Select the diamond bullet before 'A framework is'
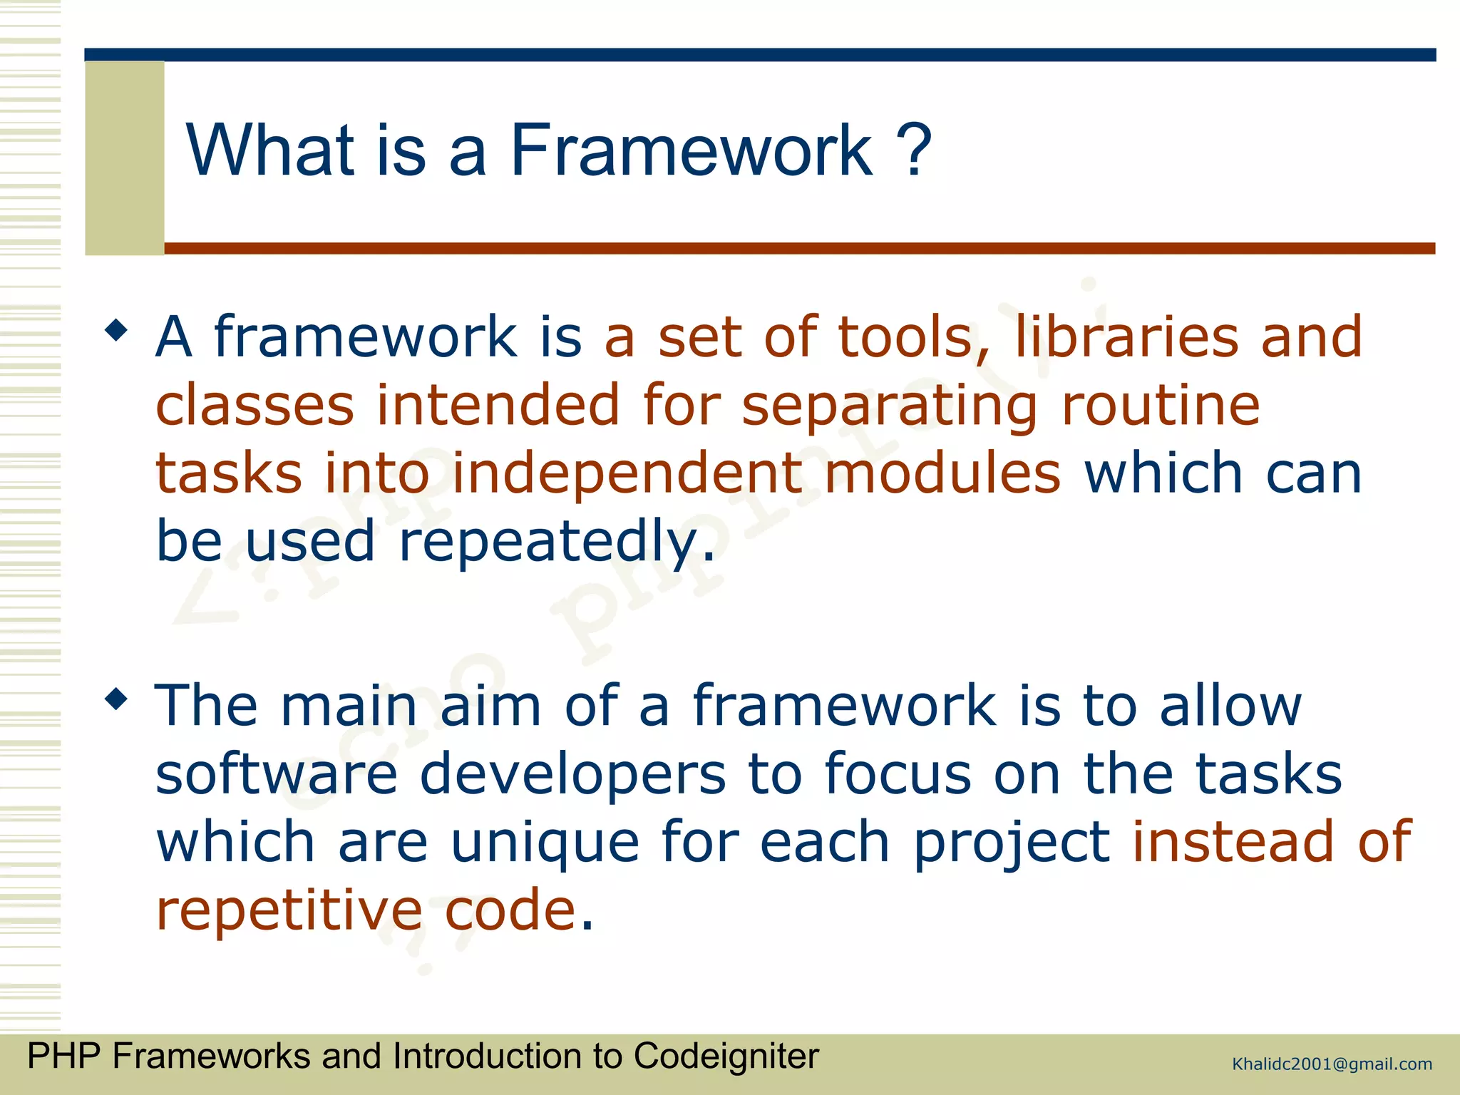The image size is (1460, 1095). (x=115, y=331)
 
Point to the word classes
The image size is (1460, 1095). (x=255, y=405)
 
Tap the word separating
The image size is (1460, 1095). (x=890, y=405)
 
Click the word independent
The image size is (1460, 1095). (x=627, y=473)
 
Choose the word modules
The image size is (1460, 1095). (x=942, y=473)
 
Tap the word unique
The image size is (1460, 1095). (x=545, y=842)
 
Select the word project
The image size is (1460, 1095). (x=1012, y=842)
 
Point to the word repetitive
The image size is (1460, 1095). (x=289, y=910)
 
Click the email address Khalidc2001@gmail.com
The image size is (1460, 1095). (x=1332, y=1064)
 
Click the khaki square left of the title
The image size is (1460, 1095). (x=125, y=158)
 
